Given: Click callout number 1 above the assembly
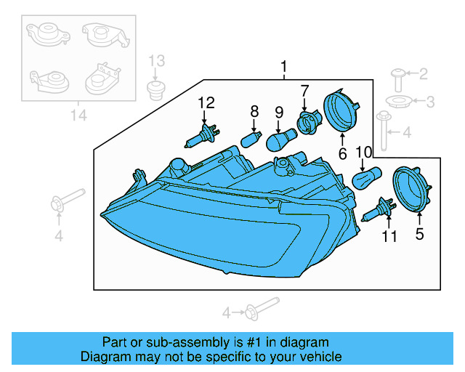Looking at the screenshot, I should pyautogui.click(x=284, y=68).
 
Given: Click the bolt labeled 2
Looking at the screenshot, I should pyautogui.click(x=400, y=73).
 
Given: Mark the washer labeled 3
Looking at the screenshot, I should pyautogui.click(x=397, y=101).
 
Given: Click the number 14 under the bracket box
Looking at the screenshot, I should pyautogui.click(x=76, y=116).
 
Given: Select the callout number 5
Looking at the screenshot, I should pyautogui.click(x=419, y=234).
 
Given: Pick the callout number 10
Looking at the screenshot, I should pyautogui.click(x=363, y=152).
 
